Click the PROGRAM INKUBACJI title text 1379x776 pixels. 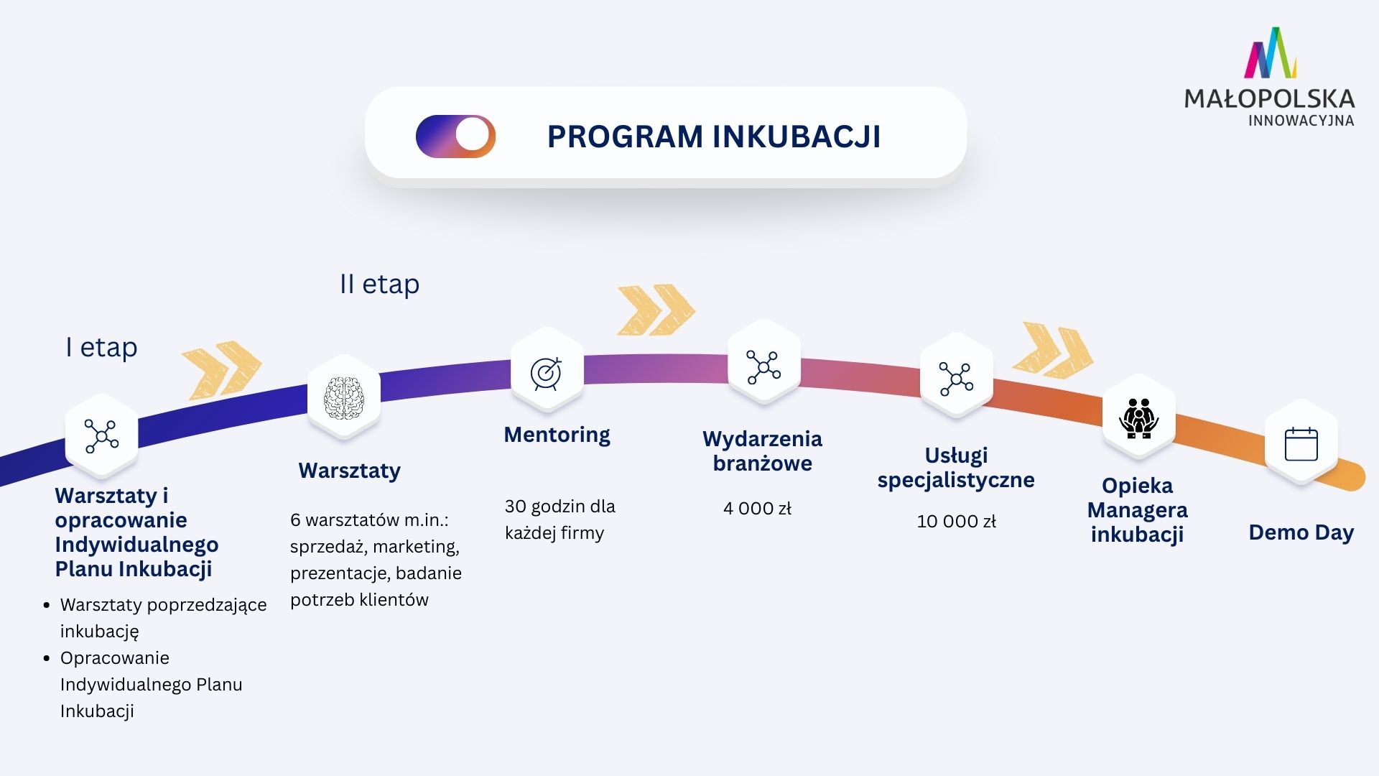pos(713,137)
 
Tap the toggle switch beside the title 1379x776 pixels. pos(456,136)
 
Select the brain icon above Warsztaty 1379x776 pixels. pos(344,397)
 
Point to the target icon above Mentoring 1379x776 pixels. pos(547,373)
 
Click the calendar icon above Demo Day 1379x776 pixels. pos(1301,444)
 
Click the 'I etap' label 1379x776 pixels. pos(101,347)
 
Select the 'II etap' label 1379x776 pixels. pos(379,284)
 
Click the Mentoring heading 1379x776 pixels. pos(557,435)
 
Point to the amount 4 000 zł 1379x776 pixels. pos(757,509)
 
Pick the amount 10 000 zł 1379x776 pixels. pos(956,522)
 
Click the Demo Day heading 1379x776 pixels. pos(1301,532)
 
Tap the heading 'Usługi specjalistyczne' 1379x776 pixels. pos(956,468)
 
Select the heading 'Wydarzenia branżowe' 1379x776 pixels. pos(762,451)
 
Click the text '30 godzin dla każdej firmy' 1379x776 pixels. pos(560,519)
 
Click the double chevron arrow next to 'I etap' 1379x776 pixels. pos(221,369)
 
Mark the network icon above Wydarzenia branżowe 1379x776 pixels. pos(763,367)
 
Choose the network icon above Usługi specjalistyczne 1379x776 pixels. pos(956,379)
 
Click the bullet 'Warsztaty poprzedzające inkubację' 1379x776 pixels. pos(163,618)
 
